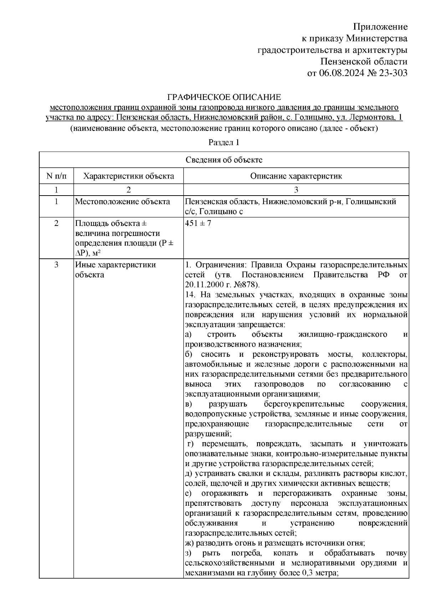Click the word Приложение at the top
[x=380, y=27]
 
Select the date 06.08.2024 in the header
[x=342, y=73]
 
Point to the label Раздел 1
[x=224, y=143]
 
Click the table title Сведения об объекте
[x=224, y=160]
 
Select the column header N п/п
[x=56, y=176]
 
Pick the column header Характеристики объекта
[x=128, y=176]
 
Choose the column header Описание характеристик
[x=296, y=176]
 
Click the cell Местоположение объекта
[x=122, y=202]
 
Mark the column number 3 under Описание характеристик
[x=296, y=189]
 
